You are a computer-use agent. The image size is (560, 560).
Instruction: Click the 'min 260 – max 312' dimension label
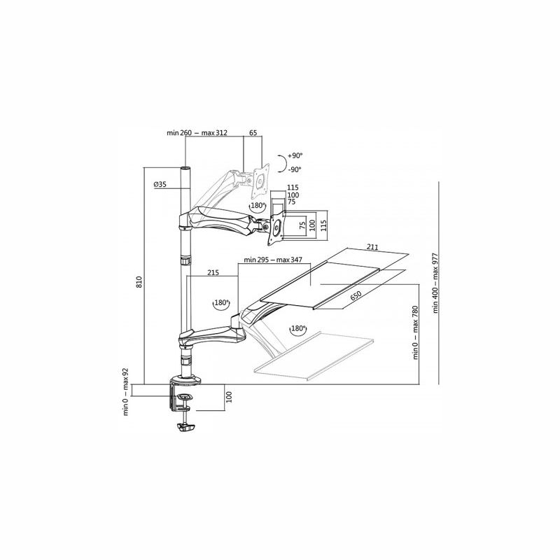(x=197, y=133)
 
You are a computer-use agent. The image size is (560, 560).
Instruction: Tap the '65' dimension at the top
(x=253, y=133)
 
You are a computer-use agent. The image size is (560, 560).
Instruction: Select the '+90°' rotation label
(x=295, y=155)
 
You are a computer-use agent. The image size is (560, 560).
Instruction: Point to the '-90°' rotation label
(x=294, y=169)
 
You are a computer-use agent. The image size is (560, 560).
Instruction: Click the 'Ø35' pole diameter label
(x=160, y=184)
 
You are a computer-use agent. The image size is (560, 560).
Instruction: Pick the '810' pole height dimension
(x=139, y=282)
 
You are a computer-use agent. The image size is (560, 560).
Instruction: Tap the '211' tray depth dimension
(x=372, y=247)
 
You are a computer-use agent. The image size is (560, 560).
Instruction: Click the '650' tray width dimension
(x=356, y=295)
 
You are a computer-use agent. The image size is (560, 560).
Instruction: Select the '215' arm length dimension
(x=213, y=272)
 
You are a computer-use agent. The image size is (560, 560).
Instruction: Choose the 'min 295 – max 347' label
(x=273, y=260)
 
